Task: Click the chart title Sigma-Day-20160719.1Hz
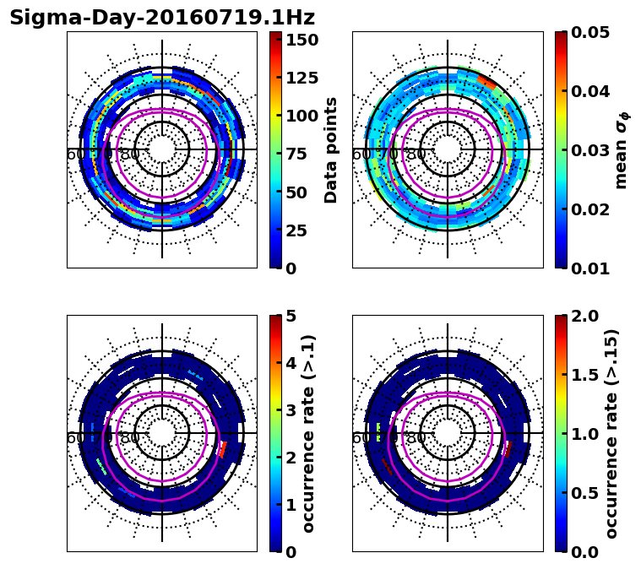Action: pyautogui.click(x=162, y=18)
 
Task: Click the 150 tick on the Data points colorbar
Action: pyautogui.click(x=302, y=40)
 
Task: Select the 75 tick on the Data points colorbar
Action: pyautogui.click(x=302, y=154)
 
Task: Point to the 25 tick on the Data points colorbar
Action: pyautogui.click(x=302, y=230)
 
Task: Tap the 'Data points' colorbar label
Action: pyautogui.click(x=331, y=149)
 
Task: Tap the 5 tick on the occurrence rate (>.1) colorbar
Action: pyautogui.click(x=291, y=316)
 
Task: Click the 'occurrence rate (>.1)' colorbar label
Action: pyautogui.click(x=308, y=433)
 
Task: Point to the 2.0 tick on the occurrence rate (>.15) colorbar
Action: pyautogui.click(x=583, y=316)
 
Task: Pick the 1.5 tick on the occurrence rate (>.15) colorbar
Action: pyautogui.click(x=583, y=375)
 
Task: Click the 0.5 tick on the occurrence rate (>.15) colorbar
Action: pyautogui.click(x=583, y=493)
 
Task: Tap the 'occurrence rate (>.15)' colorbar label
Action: pyautogui.click(x=612, y=433)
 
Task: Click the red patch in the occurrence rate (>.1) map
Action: pyautogui.click(x=223, y=448)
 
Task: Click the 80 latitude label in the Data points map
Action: pyautogui.click(x=130, y=154)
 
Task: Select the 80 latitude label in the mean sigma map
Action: pyautogui.click(x=416, y=154)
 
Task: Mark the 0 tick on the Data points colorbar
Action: pyautogui.click(x=291, y=268)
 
